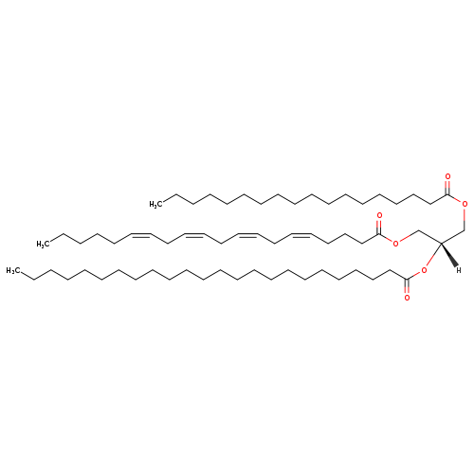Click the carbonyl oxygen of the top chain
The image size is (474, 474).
pos(447,176)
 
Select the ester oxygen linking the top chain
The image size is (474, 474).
pos(465,204)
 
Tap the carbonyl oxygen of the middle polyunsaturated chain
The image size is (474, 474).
pos(379,216)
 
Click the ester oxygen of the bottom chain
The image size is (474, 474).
pos(424,270)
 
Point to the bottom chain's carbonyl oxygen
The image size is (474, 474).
pos(407,298)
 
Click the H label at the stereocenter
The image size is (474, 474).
pos(459,270)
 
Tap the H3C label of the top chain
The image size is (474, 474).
pos(155,204)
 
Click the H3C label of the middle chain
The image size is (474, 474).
pos(43,244)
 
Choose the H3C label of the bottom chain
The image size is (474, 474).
pos(13,270)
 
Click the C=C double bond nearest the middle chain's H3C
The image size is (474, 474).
pos(140,235)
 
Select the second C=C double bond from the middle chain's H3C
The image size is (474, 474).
pos(193,235)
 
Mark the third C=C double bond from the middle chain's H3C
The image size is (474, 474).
pos(246,235)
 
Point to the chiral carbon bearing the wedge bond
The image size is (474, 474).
pos(441,243)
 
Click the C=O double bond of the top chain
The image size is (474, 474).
pos(447,188)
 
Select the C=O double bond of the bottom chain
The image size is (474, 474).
pos(407,286)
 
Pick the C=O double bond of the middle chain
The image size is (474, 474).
pos(379,227)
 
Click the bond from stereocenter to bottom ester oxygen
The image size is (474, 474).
pos(433,255)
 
